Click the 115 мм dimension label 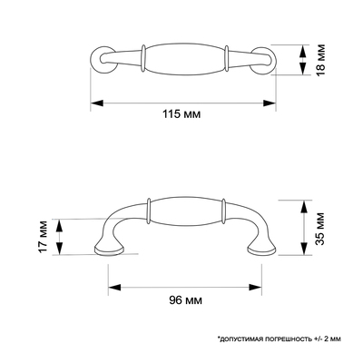181,114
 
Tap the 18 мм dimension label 320,60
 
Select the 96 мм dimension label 185,300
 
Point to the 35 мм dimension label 320,229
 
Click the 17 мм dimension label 43,237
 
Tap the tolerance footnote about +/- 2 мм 279,338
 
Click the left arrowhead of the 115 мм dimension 97,103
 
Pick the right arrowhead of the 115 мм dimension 270,103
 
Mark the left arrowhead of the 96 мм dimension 114,288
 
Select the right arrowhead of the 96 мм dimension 255,288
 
